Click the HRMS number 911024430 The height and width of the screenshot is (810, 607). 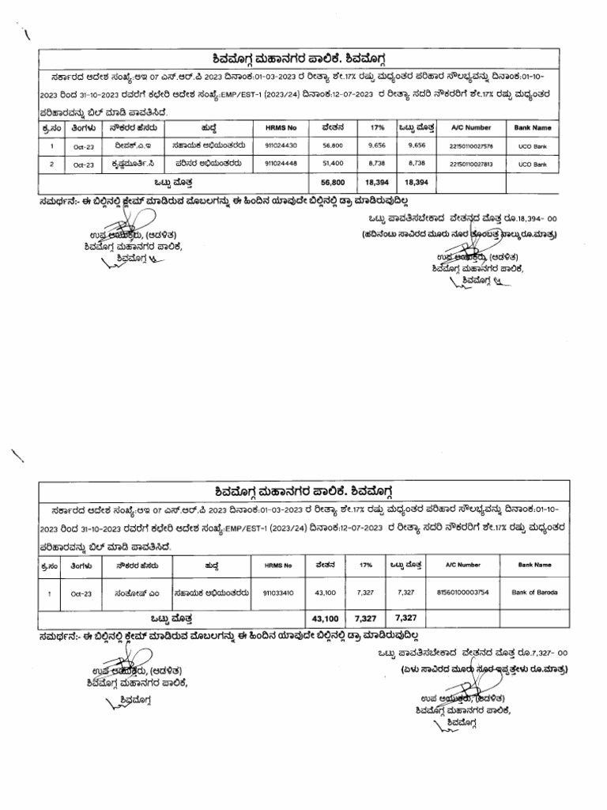point(281,146)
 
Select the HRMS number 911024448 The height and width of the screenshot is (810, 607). point(281,165)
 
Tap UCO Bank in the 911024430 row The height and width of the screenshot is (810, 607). point(532,146)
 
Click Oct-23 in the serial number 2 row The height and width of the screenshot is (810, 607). point(83,165)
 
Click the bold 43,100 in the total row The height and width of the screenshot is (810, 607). point(325,617)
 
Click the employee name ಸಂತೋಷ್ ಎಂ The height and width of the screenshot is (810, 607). point(131,592)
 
